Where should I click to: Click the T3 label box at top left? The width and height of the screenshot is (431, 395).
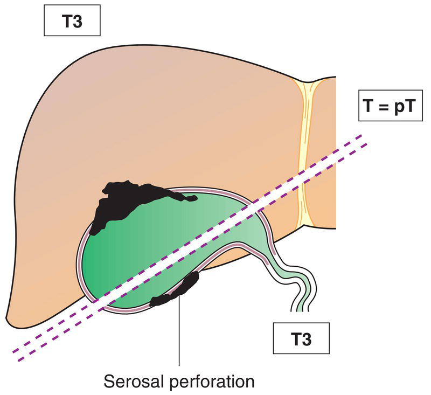coord(73,23)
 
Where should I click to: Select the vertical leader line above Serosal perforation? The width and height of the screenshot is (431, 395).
coord(179,334)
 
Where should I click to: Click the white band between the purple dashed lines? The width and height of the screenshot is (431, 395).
coord(189,242)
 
